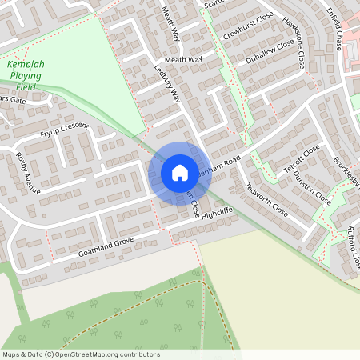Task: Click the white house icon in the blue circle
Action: pos(180,172)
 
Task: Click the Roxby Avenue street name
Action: pos(27,174)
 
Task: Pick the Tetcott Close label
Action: pos(301,158)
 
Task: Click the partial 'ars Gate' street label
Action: pos(14,101)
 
